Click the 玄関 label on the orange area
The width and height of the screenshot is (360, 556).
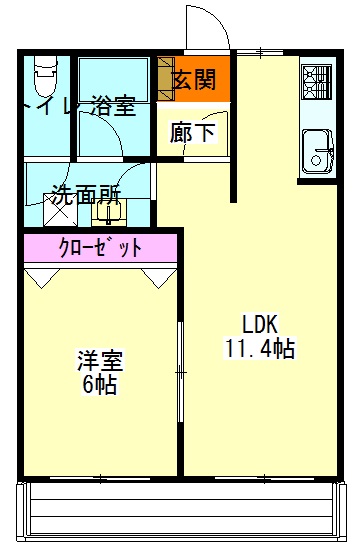(194, 80)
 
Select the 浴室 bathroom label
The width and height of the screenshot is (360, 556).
(111, 107)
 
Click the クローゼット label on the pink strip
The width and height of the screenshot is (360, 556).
(100, 246)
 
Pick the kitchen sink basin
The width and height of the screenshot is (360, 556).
(318, 150)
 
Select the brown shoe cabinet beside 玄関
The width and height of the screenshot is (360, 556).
(164, 79)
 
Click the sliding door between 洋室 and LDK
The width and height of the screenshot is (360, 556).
(181, 370)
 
